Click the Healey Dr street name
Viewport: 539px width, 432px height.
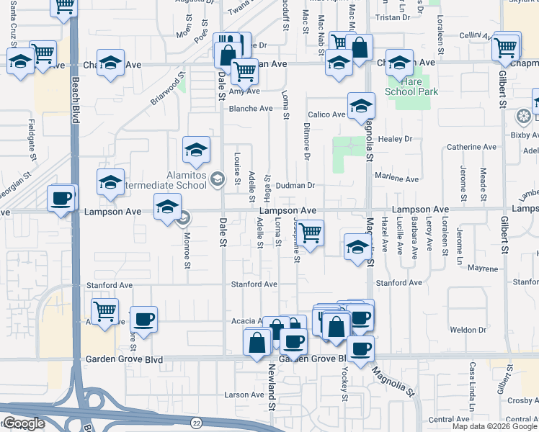point(397,139)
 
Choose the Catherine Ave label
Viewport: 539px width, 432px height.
point(471,147)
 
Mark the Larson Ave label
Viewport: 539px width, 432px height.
point(244,395)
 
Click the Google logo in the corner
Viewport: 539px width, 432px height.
point(23,424)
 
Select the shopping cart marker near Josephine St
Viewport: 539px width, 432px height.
point(310,233)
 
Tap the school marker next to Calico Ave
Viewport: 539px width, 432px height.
point(360,106)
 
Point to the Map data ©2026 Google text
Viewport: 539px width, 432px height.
point(494,426)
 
